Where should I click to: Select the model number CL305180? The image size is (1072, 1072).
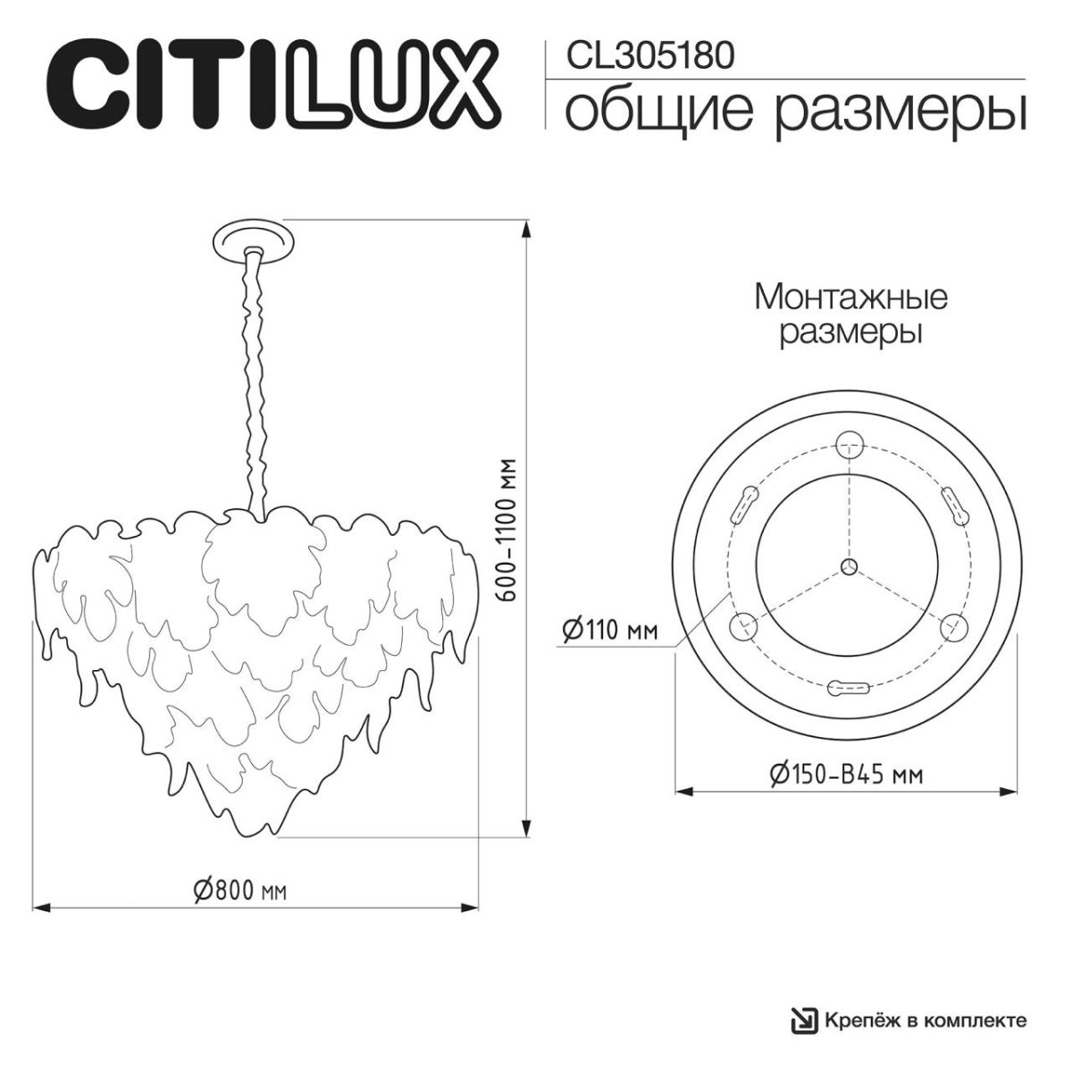pos(651,55)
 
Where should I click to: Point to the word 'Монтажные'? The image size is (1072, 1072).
pos(850,297)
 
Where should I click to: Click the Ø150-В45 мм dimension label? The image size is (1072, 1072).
pos(845,773)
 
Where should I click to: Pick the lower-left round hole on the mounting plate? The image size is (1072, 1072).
pos(743,626)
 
